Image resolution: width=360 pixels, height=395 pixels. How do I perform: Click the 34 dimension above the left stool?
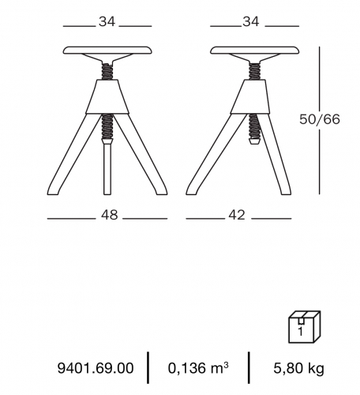coord(107,21)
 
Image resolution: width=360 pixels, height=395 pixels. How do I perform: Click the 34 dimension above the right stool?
coord(251,21)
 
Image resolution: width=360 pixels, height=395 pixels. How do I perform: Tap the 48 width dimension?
coord(110,215)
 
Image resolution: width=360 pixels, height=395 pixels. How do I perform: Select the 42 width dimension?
coord(237,215)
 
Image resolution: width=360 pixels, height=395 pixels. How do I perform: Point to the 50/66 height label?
coord(320,119)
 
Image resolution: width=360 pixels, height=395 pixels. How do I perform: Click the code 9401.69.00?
coord(96,368)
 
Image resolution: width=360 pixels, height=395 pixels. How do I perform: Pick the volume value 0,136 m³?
coord(198,367)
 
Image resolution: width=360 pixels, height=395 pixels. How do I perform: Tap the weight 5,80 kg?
coord(298,368)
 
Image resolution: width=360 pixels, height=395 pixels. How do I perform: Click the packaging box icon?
coord(305,327)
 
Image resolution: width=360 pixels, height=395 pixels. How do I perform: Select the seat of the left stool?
coord(107,51)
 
